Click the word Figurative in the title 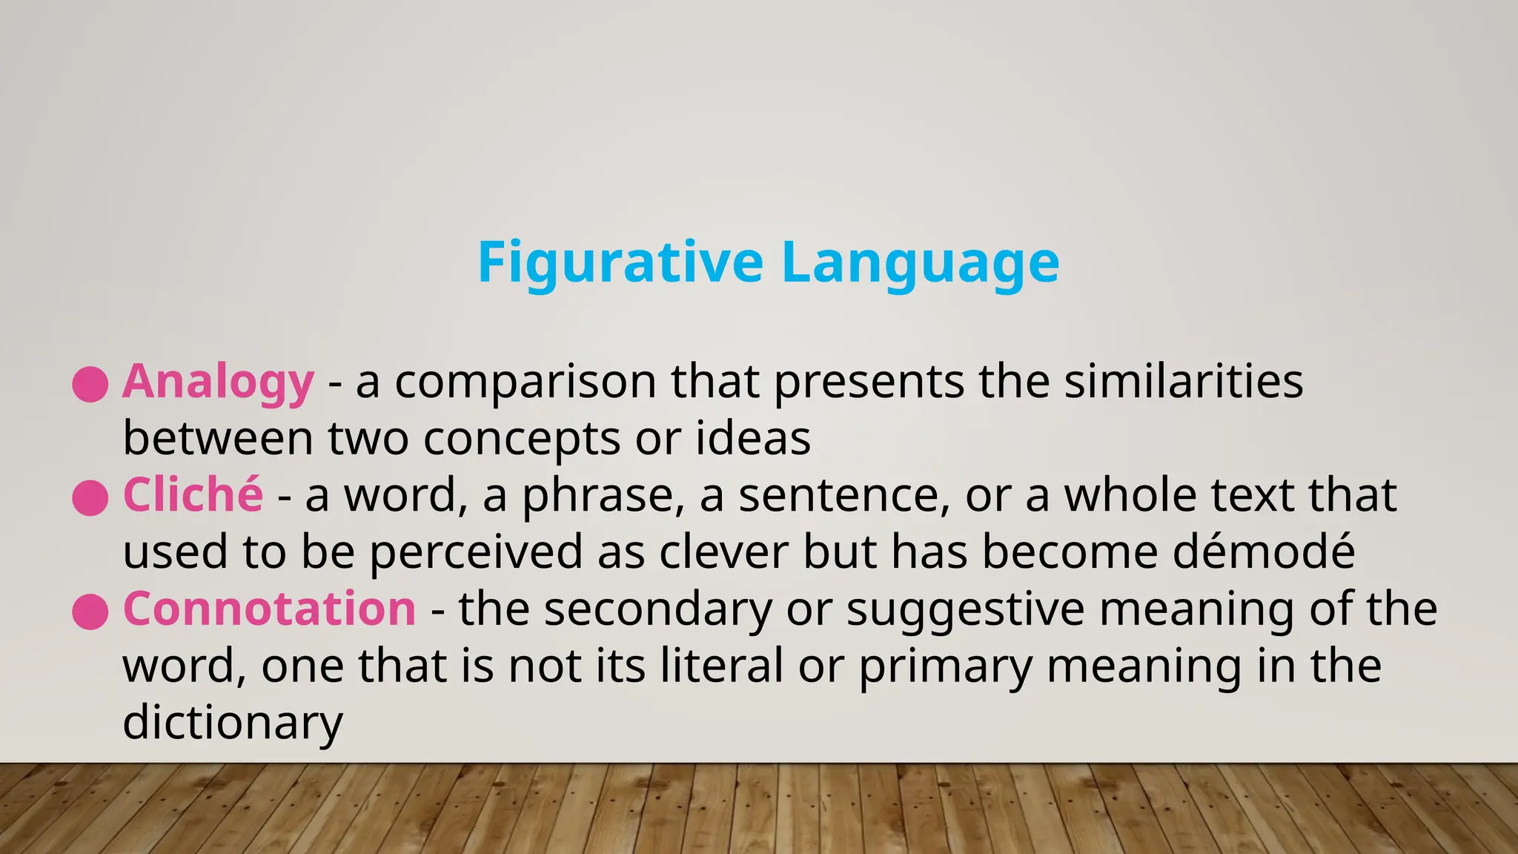(620, 262)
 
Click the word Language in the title (920, 262)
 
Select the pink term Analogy (218, 382)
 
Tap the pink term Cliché (193, 495)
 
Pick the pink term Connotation (269, 609)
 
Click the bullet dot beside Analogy (90, 384)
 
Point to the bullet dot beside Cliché (90, 497)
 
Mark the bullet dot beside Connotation (90, 612)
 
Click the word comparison (526, 382)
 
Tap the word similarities (1184, 382)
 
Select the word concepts (522, 439)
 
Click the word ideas (753, 439)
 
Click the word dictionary (233, 723)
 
